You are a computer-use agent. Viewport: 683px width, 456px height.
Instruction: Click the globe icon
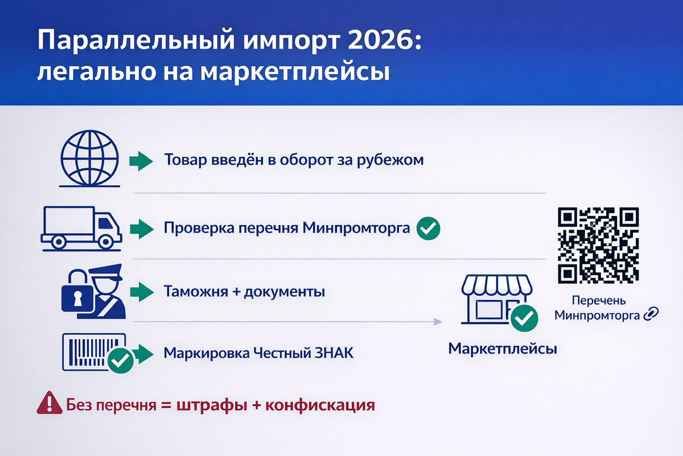pyautogui.click(x=89, y=160)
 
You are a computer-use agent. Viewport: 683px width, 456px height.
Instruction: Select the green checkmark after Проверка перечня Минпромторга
pyautogui.click(x=428, y=229)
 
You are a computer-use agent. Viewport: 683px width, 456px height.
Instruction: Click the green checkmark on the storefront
pyautogui.click(x=524, y=318)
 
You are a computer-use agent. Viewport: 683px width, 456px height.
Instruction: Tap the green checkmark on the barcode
pyautogui.click(x=120, y=360)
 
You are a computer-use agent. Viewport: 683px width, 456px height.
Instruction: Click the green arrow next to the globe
pyautogui.click(x=141, y=161)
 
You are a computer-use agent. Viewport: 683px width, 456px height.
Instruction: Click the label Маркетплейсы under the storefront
pyautogui.click(x=503, y=348)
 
